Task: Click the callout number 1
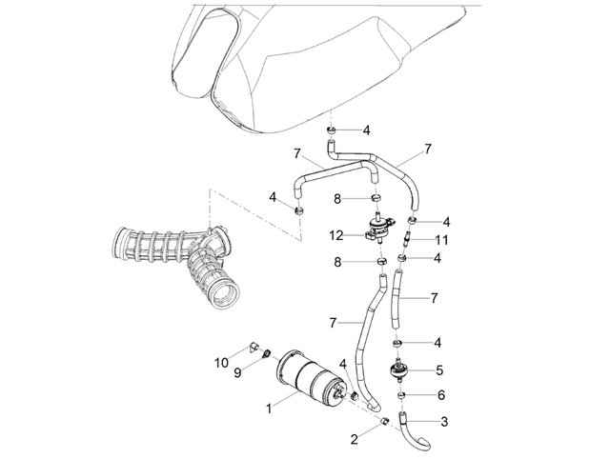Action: click(x=269, y=409)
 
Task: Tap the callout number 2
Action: click(x=354, y=440)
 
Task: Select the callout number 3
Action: click(x=444, y=422)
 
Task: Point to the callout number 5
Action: click(x=439, y=370)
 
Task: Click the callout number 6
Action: click(x=440, y=395)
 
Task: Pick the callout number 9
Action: click(x=237, y=372)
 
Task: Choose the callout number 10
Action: click(x=221, y=363)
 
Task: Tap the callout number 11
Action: click(x=441, y=240)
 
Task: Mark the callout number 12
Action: click(x=336, y=235)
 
